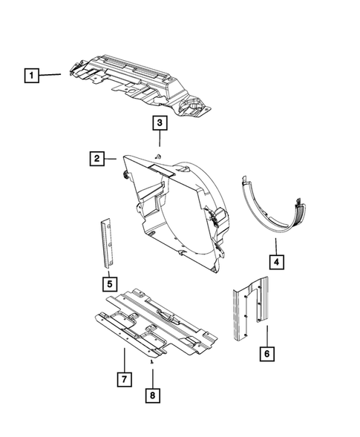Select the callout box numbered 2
[x=96, y=157]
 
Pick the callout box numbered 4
[x=275, y=262]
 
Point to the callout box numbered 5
[x=108, y=283]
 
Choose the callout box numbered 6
[x=265, y=354]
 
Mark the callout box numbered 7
[x=124, y=381]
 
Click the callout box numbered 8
[x=152, y=395]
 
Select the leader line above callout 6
[x=265, y=334]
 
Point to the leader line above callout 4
[x=275, y=245]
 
